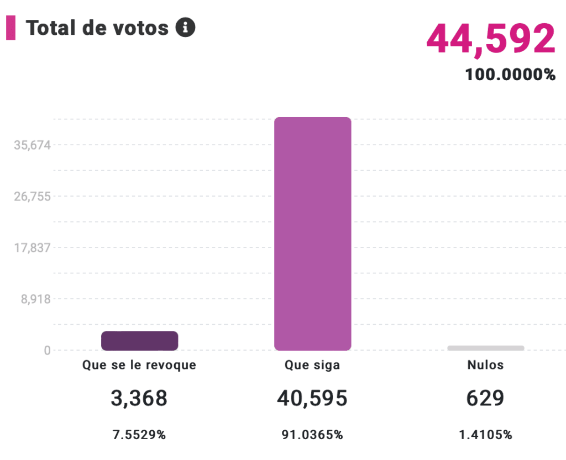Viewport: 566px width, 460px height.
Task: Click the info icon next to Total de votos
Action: [185, 27]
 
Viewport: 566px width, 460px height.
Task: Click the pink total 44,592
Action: [490, 39]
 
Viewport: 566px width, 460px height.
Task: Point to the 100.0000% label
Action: [510, 75]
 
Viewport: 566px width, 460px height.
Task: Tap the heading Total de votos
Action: [97, 28]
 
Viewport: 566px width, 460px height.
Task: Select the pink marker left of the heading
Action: [11, 28]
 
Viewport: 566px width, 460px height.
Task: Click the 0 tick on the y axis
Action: [48, 350]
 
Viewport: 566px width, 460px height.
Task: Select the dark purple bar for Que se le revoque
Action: [139, 341]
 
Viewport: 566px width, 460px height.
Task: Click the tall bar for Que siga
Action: [312, 234]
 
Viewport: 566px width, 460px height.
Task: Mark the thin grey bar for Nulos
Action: [485, 348]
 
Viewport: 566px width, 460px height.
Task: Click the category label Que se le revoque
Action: [139, 365]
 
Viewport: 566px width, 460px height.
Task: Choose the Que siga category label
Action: [312, 365]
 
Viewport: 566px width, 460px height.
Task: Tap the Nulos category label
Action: [485, 365]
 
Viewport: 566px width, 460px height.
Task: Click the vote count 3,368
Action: [139, 398]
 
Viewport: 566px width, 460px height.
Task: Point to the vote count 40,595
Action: [312, 398]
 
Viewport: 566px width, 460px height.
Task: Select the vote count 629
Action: [485, 398]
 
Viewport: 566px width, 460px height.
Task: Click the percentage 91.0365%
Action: [312, 435]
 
